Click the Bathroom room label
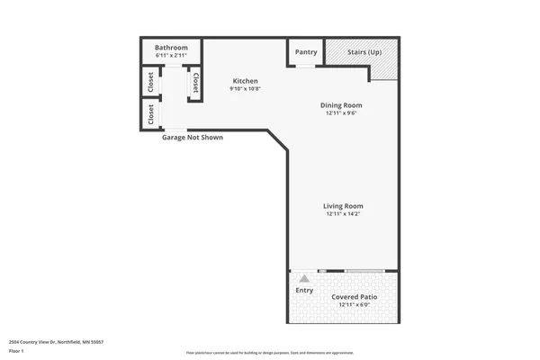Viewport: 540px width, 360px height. (x=170, y=48)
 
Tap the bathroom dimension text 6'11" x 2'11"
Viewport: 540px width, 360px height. (x=170, y=56)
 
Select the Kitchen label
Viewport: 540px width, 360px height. (x=245, y=81)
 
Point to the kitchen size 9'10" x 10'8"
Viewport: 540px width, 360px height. (x=245, y=89)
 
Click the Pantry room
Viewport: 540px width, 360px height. (x=306, y=52)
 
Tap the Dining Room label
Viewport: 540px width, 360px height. (x=342, y=105)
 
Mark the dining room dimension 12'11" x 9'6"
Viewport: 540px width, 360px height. (x=342, y=113)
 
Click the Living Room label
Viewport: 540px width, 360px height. (x=343, y=206)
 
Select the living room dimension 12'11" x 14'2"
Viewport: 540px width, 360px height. (x=343, y=214)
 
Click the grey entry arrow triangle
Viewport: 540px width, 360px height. (x=304, y=279)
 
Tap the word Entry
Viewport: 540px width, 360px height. (x=304, y=290)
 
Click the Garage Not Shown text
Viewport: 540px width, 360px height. (x=192, y=138)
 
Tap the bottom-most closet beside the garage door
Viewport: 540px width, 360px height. (x=150, y=114)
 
